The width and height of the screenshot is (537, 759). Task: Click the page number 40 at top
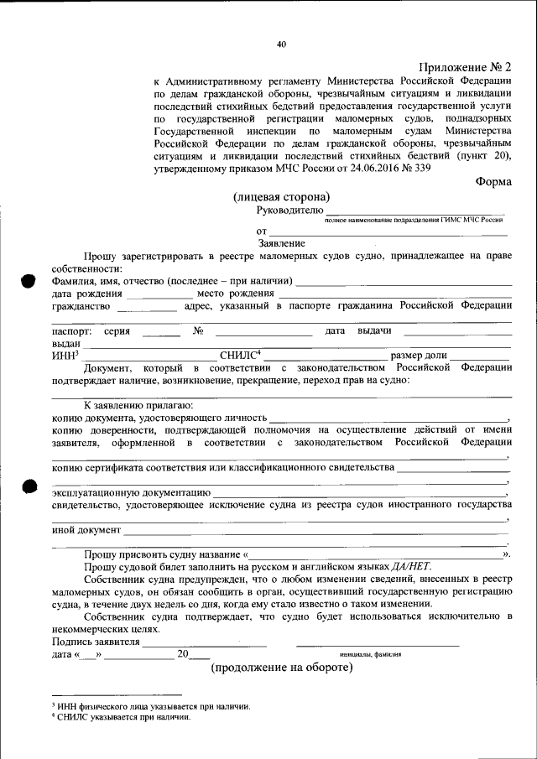point(281,44)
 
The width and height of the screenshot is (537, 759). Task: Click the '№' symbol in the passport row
point(199,330)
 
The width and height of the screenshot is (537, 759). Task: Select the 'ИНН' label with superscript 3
point(65,356)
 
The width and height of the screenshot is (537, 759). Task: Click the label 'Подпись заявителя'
point(95,642)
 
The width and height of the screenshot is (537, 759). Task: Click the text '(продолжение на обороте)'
point(281,668)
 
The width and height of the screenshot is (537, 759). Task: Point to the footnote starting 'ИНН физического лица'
point(152,706)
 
